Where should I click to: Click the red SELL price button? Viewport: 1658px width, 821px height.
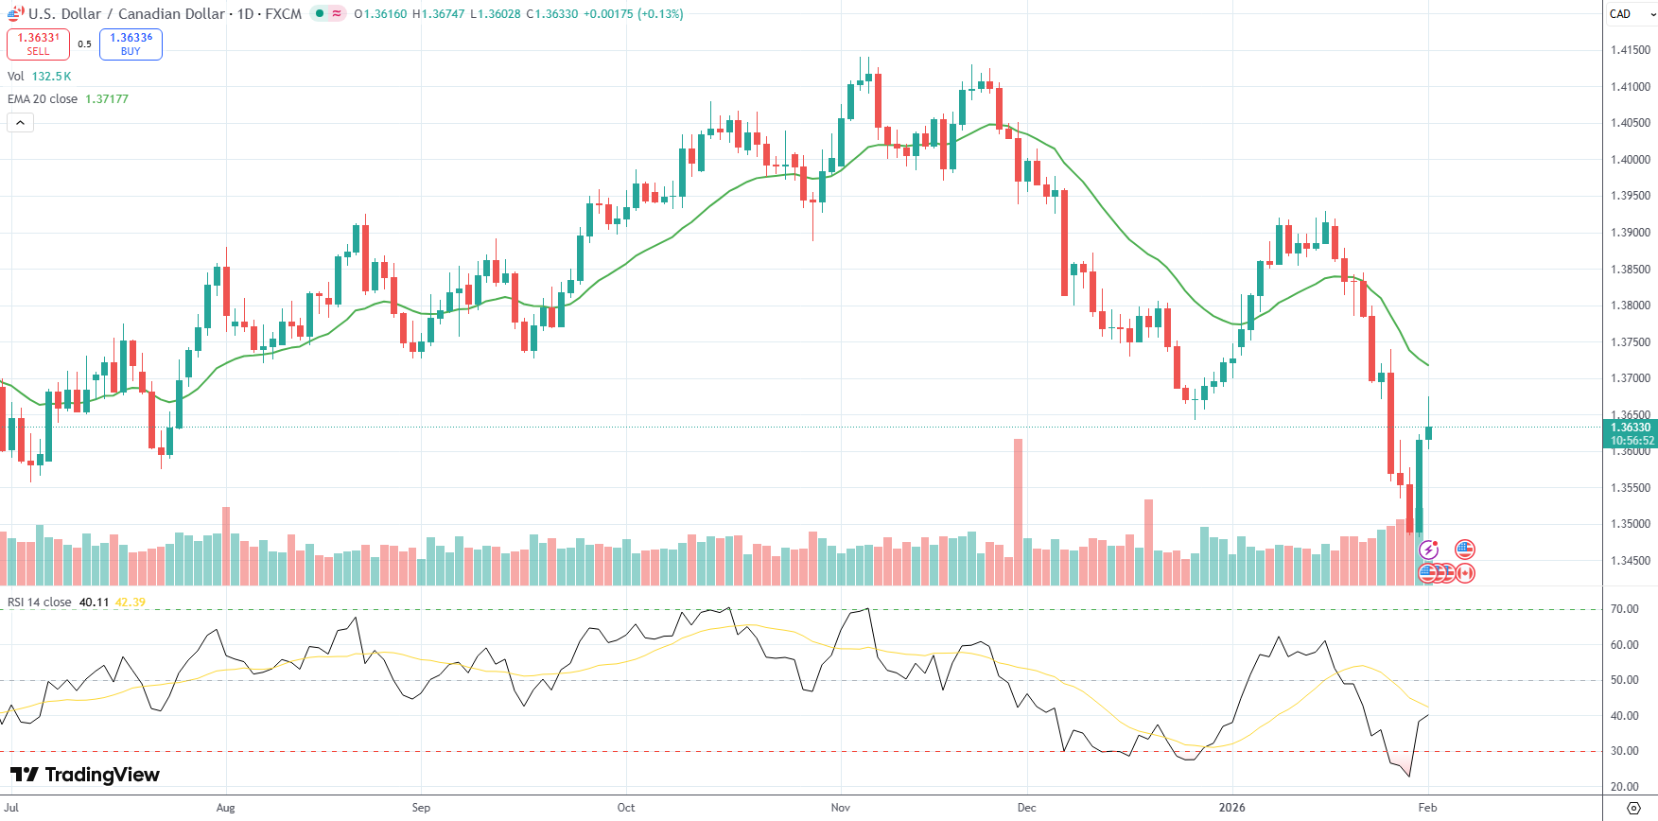point(38,44)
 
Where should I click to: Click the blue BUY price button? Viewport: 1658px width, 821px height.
point(131,44)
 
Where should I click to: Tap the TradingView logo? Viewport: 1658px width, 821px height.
point(85,775)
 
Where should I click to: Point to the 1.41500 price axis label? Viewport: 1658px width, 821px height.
point(1631,50)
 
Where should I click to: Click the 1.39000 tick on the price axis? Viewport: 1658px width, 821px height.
point(1631,233)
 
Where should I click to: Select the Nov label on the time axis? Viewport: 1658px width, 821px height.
point(840,808)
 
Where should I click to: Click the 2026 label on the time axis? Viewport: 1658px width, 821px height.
point(1231,808)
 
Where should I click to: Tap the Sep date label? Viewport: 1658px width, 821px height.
point(421,808)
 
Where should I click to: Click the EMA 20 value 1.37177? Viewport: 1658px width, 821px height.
point(107,99)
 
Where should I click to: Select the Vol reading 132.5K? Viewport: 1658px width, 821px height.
point(52,77)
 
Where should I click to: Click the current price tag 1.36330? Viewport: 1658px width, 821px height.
point(1632,428)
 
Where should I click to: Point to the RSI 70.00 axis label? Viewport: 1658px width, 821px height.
point(1625,609)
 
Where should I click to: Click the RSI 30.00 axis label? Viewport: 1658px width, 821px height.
point(1625,751)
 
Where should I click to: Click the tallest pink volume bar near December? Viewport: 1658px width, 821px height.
point(1018,511)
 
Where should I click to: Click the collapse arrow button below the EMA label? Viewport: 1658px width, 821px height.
point(20,122)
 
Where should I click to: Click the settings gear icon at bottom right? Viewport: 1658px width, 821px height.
point(1633,808)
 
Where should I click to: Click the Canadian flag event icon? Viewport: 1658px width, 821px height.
point(1465,572)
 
